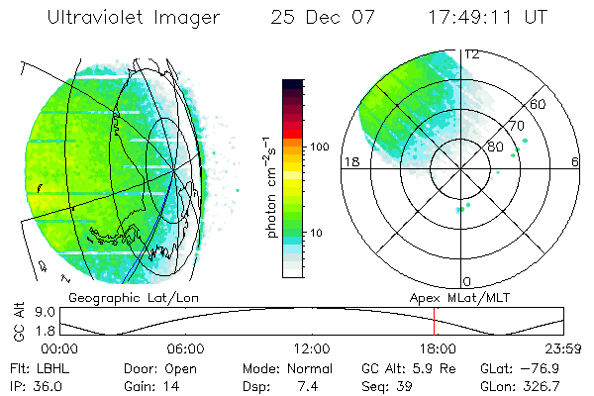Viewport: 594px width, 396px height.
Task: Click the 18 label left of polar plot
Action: (x=349, y=161)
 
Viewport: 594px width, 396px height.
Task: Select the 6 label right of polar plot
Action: (x=575, y=161)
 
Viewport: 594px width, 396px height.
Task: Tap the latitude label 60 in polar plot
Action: (x=539, y=104)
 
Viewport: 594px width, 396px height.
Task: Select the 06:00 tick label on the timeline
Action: (x=185, y=348)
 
